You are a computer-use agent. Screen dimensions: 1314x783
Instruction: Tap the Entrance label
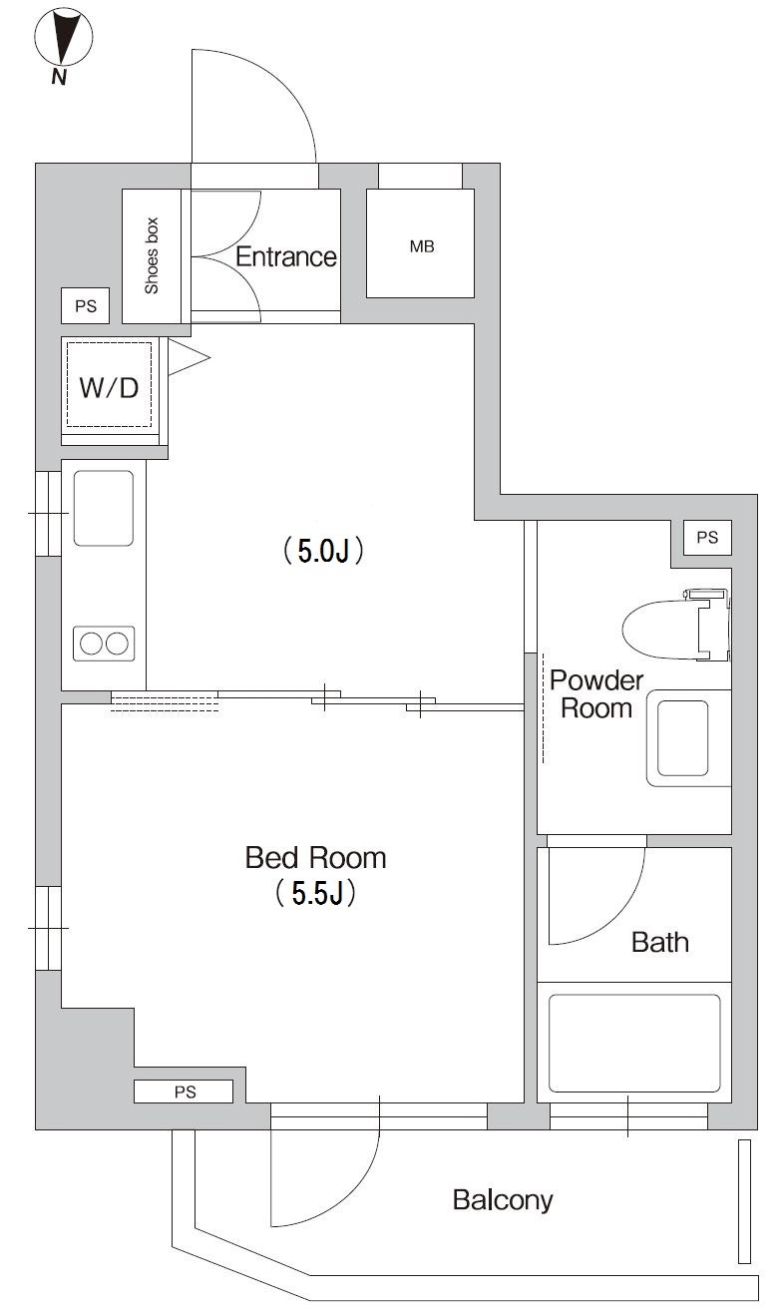pos(285,256)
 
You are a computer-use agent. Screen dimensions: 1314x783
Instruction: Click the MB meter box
pos(420,243)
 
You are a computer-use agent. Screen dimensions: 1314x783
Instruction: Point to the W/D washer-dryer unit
pos(110,386)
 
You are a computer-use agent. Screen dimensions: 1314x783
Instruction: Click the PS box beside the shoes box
pos(86,306)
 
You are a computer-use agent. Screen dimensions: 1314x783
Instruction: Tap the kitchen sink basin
pos(104,507)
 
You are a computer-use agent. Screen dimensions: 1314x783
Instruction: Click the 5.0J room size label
pos(321,551)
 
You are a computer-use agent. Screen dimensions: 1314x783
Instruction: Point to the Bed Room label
pos(315,857)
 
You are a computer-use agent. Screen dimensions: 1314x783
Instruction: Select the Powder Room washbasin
pos(682,738)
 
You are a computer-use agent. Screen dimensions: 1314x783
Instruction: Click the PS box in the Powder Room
pos(706,538)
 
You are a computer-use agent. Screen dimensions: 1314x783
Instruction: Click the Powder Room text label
pos(596,694)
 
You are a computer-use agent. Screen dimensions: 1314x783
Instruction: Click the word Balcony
pos(502,1199)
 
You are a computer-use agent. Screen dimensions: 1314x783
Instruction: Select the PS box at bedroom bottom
pos(185,1093)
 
